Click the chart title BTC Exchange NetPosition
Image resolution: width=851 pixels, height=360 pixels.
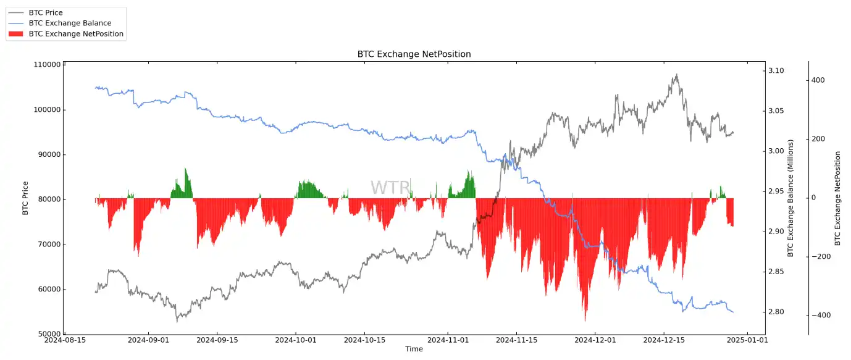pos(414,54)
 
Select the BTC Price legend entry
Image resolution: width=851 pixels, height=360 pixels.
pos(45,13)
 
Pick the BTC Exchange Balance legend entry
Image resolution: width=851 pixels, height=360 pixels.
pos(70,23)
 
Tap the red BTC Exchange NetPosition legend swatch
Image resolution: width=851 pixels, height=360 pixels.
pos(17,34)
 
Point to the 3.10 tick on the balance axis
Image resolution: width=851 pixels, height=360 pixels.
pos(779,71)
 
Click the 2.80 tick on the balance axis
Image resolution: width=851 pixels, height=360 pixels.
pos(779,312)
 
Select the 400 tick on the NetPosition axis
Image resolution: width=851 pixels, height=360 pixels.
pos(818,80)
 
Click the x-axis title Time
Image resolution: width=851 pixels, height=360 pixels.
pos(414,350)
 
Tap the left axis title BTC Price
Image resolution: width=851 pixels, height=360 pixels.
pos(25,198)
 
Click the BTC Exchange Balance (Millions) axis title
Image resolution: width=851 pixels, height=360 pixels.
pos(790,198)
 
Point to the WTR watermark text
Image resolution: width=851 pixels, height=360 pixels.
pos(390,188)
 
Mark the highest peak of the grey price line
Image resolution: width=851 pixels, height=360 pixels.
pos(676,75)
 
